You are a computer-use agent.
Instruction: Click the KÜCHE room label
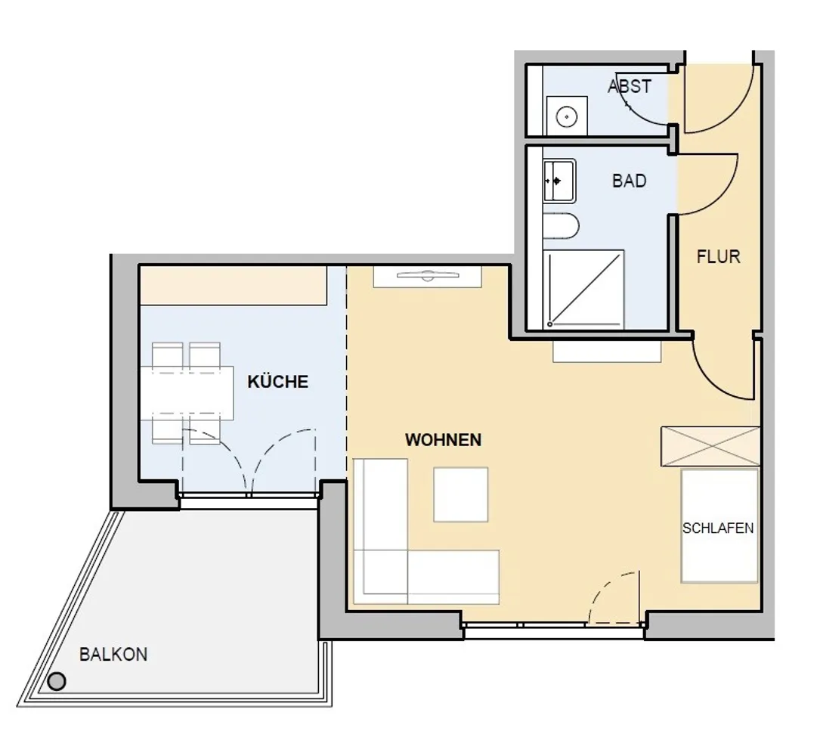(x=277, y=381)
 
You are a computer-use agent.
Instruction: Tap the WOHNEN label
(x=443, y=440)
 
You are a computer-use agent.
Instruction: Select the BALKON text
(x=113, y=655)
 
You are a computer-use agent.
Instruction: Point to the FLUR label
(x=719, y=257)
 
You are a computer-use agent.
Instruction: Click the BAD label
(x=629, y=181)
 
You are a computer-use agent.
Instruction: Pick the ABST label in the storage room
(x=630, y=86)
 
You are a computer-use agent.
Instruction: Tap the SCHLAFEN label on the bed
(x=718, y=528)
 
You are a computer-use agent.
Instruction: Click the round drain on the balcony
(x=57, y=682)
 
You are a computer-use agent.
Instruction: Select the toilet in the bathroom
(x=561, y=226)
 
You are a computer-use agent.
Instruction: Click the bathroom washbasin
(x=559, y=181)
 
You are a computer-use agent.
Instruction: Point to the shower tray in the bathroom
(x=583, y=290)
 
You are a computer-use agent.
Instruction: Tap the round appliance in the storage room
(x=566, y=116)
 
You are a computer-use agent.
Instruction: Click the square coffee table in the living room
(x=461, y=494)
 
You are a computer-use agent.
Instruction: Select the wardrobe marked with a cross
(x=710, y=446)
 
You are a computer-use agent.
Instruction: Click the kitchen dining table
(x=187, y=392)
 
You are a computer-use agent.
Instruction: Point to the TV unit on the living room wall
(x=427, y=276)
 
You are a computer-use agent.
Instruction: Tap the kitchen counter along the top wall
(x=234, y=285)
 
